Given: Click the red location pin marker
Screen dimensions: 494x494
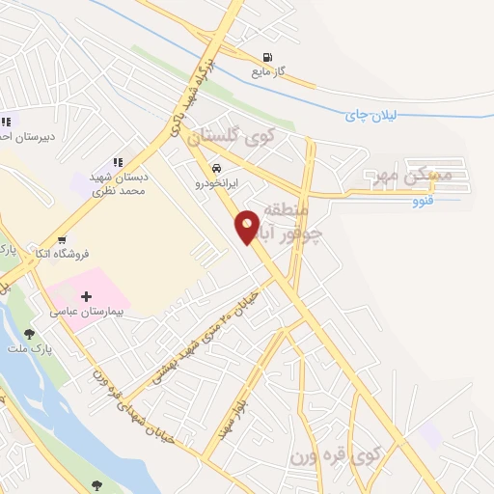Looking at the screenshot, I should pyautogui.click(x=247, y=226).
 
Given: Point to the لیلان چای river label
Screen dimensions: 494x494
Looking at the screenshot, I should pyautogui.click(x=371, y=114).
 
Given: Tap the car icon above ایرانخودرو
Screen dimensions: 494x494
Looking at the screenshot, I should pyautogui.click(x=203, y=166).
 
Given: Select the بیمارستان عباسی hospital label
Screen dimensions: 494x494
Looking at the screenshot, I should pyautogui.click(x=91, y=315).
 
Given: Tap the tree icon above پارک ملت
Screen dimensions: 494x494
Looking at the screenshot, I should pyautogui.click(x=29, y=333).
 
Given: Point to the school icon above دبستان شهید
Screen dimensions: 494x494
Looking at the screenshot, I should pyautogui.click(x=118, y=162).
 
